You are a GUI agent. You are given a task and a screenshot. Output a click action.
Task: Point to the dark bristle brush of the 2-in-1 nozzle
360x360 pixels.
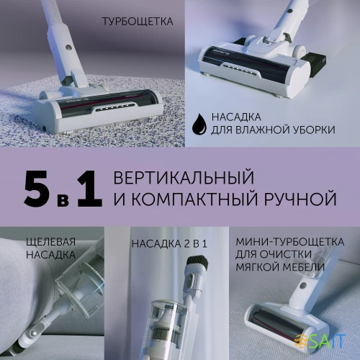[195, 262]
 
